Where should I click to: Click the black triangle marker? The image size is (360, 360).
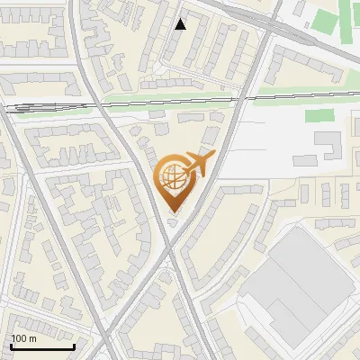181,24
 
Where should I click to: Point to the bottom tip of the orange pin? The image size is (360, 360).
175,212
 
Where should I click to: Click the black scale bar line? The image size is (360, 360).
42,346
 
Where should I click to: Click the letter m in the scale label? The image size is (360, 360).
32,338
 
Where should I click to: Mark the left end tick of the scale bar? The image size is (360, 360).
11,345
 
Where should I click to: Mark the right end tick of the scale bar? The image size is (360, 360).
74,345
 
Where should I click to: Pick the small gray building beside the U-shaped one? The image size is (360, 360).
305,160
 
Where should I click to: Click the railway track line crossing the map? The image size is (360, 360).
180,101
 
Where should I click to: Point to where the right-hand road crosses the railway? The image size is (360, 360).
241,97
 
